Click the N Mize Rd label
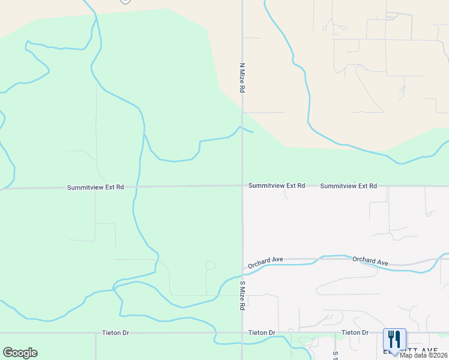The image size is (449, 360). [x=243, y=77]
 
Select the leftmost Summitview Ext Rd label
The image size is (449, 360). [x=95, y=188]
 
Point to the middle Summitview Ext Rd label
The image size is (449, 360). [x=277, y=186]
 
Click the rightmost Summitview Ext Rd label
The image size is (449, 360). [x=348, y=186]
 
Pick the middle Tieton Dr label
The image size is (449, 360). [x=262, y=332]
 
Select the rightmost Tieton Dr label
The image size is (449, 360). [x=355, y=332]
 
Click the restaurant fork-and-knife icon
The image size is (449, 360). [x=394, y=338]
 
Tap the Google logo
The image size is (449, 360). [x=20, y=353]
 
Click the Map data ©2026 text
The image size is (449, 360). [x=423, y=355]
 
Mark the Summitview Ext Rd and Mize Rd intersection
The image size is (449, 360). [x=243, y=186]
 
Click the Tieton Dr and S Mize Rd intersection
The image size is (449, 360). [x=243, y=332]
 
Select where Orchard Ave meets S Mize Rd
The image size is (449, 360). [x=243, y=268]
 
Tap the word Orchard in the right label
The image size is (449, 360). [x=363, y=260]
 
